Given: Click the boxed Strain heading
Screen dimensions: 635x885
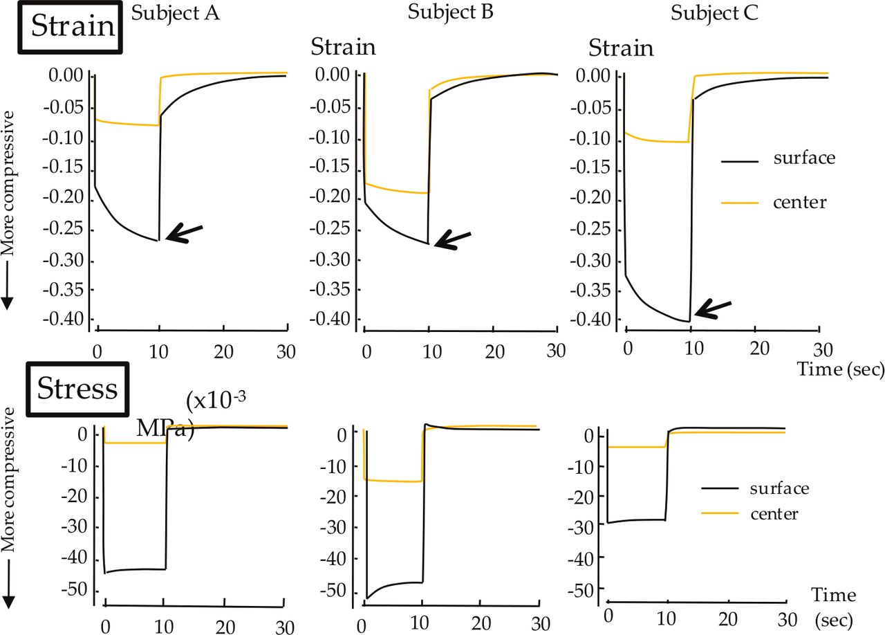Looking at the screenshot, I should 73,26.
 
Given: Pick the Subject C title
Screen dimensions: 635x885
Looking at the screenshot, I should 715,13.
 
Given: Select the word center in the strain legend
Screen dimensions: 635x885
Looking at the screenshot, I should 800,201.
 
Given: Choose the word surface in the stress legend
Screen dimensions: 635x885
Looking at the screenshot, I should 779,488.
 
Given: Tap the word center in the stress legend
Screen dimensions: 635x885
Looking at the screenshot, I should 774,514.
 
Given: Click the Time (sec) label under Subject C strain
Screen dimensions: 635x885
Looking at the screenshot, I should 840,370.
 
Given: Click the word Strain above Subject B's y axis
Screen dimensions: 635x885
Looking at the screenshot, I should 343,48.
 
